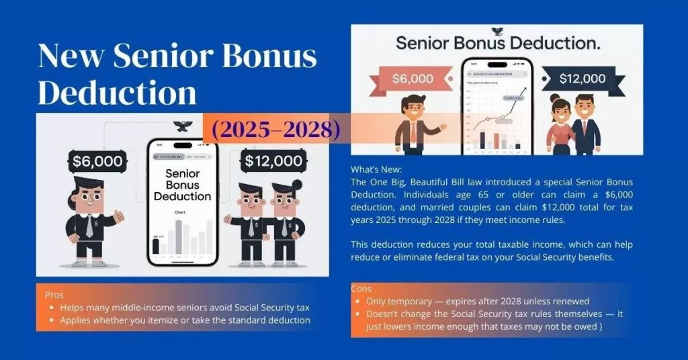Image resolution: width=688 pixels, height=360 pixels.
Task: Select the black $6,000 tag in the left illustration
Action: pos(97,161)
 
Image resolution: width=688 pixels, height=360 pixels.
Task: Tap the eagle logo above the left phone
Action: pos(182,126)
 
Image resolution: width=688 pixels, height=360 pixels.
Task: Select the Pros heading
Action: pos(54,295)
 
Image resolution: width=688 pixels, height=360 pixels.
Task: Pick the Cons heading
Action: pos(361,289)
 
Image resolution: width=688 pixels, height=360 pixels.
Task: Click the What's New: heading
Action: pos(376,171)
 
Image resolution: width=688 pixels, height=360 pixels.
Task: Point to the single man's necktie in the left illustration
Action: pos(89,226)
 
